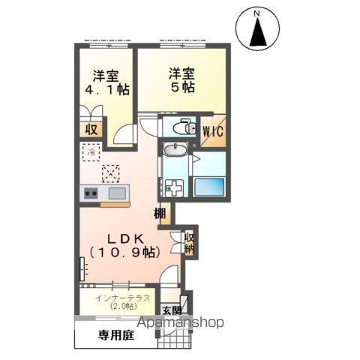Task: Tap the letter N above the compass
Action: coord(256,13)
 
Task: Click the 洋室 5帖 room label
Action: coord(182,79)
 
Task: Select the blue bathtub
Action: coord(211,185)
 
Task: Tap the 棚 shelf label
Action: coord(160,214)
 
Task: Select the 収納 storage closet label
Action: coord(189,241)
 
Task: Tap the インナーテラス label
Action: coord(117,298)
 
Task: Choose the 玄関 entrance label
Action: coord(172,310)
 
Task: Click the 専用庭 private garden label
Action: coord(115,335)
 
